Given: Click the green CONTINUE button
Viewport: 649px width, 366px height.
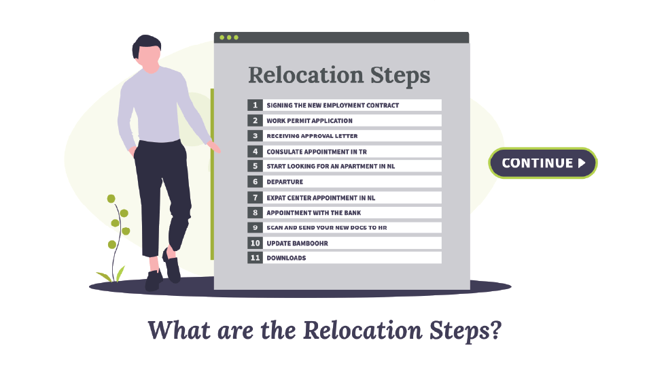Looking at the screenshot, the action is point(542,163).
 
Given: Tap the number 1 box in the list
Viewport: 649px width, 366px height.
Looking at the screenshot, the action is point(255,105).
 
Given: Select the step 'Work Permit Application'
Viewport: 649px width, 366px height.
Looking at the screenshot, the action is point(309,120).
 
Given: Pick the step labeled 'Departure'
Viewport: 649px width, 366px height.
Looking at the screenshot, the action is point(285,182).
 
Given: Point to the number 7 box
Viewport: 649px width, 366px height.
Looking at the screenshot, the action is point(255,197).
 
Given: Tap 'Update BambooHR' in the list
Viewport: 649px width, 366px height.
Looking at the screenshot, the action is point(296,243).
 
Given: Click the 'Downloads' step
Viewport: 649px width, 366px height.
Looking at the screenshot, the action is point(286,258).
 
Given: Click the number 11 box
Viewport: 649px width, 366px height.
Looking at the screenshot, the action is point(255,258).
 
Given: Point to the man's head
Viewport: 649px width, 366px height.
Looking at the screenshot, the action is point(146,50).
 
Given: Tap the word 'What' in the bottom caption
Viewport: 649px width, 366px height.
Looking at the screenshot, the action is point(175,330).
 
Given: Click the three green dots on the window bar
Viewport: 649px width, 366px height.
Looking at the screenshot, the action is point(228,37).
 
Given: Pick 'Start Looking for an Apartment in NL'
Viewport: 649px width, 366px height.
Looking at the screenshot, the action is point(330,167).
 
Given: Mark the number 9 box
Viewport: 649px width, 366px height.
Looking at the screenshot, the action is point(255,228).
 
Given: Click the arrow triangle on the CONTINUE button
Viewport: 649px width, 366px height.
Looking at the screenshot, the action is point(581,163).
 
